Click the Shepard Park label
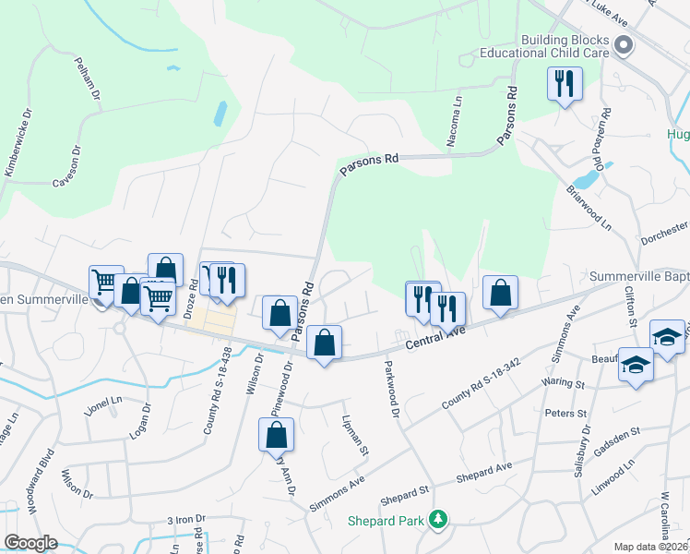tap(385, 521)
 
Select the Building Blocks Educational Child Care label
tap(565, 47)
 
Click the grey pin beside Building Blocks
tap(624, 44)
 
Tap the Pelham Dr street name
tap(89, 83)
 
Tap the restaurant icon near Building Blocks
tap(564, 85)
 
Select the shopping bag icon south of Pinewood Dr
tap(276, 436)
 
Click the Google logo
tap(30, 542)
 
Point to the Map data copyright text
tap(651, 547)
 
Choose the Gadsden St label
tap(616, 437)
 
